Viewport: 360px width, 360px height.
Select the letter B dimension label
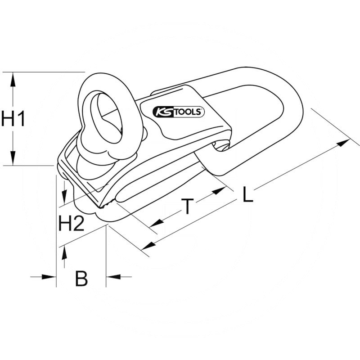click(81, 279)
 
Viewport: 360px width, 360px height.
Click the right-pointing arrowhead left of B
click(49, 276)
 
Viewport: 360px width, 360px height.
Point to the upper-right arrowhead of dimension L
click(344, 143)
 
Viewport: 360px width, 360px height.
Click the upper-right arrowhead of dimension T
click(219, 190)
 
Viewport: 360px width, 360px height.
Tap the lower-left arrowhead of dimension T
click(156, 223)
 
